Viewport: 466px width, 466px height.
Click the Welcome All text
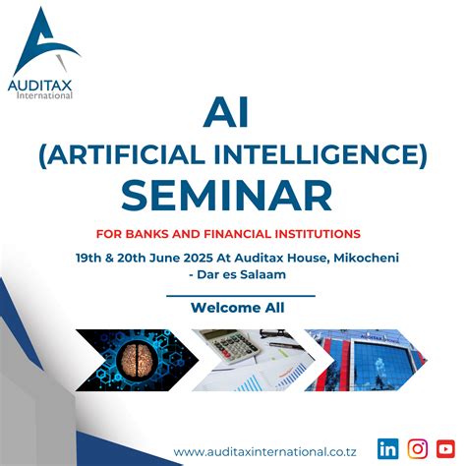click(239, 308)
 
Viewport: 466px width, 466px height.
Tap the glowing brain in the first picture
click(135, 358)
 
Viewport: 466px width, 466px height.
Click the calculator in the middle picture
click(232, 350)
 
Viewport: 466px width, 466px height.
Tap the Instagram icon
click(418, 448)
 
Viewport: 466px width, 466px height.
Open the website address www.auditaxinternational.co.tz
click(268, 450)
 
